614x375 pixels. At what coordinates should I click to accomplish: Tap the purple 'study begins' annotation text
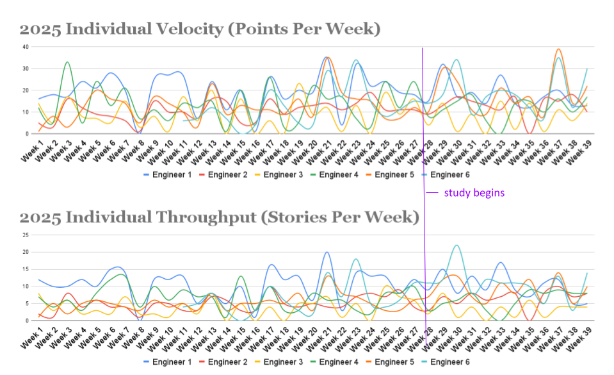click(x=474, y=192)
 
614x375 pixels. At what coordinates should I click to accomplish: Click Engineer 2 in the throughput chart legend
click(x=229, y=362)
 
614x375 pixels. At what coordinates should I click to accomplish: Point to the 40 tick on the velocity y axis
click(x=25, y=47)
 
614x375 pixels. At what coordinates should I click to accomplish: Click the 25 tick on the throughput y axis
click(x=25, y=235)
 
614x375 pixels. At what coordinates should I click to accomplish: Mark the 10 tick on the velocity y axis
click(x=25, y=112)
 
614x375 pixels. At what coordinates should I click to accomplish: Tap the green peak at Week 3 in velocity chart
click(x=67, y=62)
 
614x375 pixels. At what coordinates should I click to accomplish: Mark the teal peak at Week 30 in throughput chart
click(x=456, y=245)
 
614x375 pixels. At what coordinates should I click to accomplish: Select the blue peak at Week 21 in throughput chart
click(x=327, y=252)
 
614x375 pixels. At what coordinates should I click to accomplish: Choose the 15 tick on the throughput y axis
click(x=25, y=269)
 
